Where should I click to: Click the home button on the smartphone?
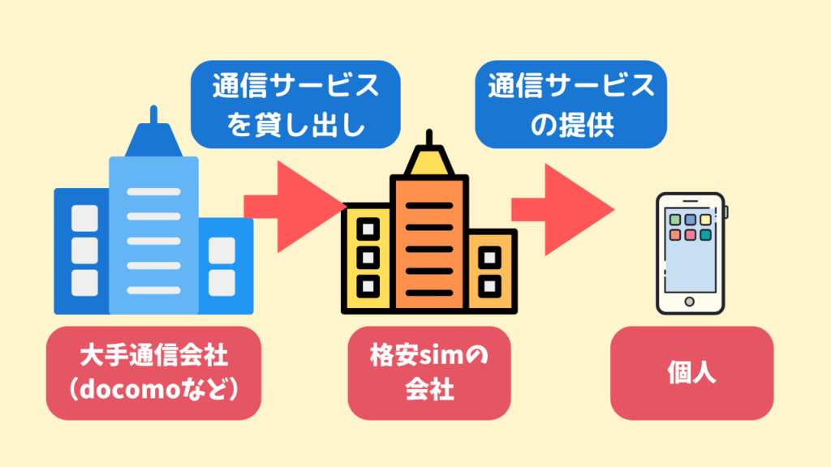(x=690, y=302)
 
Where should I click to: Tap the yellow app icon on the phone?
(x=705, y=219)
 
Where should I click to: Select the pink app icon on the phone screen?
(x=689, y=235)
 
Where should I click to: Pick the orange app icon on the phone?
(x=674, y=235)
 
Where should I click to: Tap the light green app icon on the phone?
(x=674, y=219)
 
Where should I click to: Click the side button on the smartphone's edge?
(x=726, y=212)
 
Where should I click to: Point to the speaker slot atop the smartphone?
(x=690, y=200)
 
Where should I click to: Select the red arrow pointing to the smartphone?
(x=562, y=208)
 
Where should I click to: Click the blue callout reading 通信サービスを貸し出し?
(x=295, y=105)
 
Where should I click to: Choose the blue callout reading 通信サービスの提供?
(x=571, y=105)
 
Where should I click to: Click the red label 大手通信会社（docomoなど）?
(x=153, y=372)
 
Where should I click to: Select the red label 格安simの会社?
(x=429, y=372)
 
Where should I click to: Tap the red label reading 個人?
(x=691, y=373)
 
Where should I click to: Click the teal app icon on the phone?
(x=705, y=235)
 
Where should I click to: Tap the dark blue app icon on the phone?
(x=689, y=219)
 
